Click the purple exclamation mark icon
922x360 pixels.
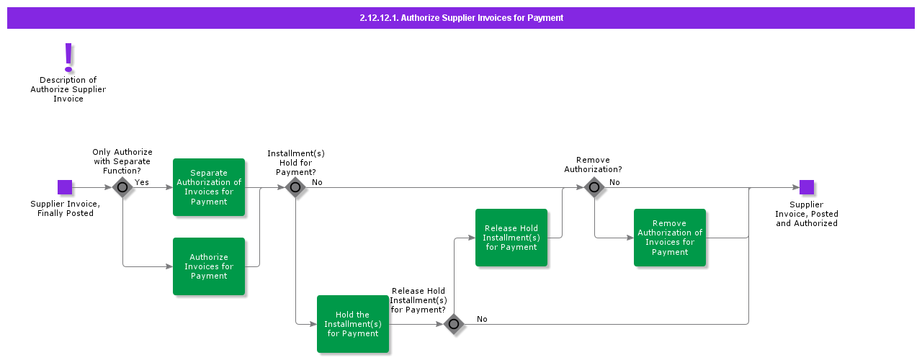(68, 57)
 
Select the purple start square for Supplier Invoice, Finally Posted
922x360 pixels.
(65, 187)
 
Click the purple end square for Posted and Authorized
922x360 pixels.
(807, 187)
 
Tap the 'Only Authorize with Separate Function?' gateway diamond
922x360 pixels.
(122, 187)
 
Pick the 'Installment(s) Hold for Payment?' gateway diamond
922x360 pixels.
(295, 187)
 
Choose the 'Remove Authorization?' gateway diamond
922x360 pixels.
(594, 187)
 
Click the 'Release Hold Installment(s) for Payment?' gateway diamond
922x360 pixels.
(454, 324)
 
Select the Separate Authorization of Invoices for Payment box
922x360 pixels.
(209, 187)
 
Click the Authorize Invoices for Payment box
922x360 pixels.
(209, 266)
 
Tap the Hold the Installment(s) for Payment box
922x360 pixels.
(353, 324)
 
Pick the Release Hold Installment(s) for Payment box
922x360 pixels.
(511, 238)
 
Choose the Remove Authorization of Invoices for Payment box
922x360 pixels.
(670, 238)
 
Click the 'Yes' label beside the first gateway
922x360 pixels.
(142, 182)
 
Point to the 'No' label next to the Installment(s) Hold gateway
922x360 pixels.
(317, 182)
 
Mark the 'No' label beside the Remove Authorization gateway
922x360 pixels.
(614, 182)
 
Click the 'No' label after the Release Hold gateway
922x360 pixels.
(482, 319)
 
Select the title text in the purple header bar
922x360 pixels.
(461, 18)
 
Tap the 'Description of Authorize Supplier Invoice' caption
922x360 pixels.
(68, 89)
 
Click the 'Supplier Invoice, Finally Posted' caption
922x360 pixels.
(65, 209)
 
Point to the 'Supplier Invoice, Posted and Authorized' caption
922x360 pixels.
(807, 214)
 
